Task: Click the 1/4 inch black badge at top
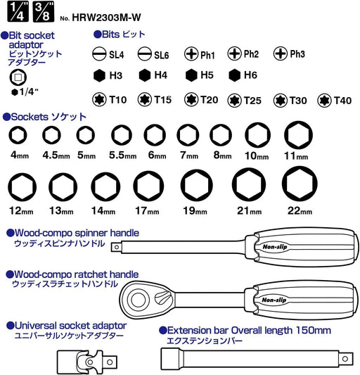(18, 11)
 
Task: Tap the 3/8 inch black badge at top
(44, 11)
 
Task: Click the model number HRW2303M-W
(106, 17)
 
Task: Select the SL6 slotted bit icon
(145, 53)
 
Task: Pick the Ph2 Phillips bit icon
(234, 53)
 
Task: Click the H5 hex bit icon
(191, 75)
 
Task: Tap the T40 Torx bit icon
(324, 100)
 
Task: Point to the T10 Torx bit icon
(99, 99)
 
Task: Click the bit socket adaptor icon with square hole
(18, 77)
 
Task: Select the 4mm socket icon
(18, 135)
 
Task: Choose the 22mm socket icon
(300, 184)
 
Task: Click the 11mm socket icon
(298, 135)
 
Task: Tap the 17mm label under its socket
(147, 210)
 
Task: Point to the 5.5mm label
(122, 155)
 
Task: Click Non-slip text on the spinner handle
(275, 246)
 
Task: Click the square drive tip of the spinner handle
(117, 247)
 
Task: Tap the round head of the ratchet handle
(137, 299)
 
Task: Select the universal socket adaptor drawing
(87, 362)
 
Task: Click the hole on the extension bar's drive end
(345, 359)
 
